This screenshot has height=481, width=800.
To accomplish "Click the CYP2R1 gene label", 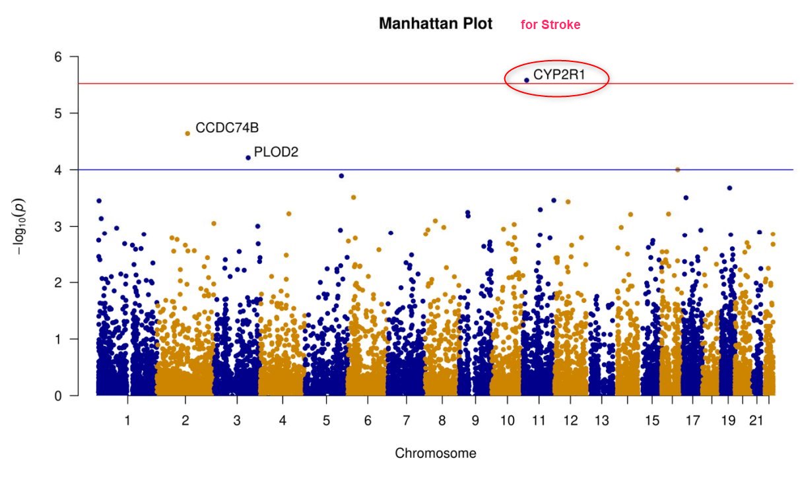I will coord(559,75).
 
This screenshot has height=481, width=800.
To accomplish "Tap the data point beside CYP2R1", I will coord(527,80).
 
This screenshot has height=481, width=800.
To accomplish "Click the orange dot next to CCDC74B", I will coord(187,133).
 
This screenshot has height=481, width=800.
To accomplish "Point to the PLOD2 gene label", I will coord(276,152).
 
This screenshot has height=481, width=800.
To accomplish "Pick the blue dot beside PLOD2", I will coord(248,158).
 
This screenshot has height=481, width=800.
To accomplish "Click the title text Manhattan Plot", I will coord(436,24).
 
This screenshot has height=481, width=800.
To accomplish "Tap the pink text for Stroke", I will coord(550,25).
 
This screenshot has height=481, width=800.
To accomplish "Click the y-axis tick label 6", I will coord(58,57).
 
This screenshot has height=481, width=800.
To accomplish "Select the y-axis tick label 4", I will coord(58,170).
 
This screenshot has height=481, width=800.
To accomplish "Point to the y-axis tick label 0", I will coord(58,396).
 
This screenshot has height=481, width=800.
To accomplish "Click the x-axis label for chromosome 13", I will coord(601,420).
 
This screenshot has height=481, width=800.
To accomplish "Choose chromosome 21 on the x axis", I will coord(756,420).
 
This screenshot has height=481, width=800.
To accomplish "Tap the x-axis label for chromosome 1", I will coord(127,420).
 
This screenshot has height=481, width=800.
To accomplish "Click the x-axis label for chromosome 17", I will coord(692,420).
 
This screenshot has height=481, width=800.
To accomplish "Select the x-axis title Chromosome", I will coord(435,453).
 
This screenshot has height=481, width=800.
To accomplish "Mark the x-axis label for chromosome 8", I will coord(441,420).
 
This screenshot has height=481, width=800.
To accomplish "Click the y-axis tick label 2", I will coord(58,282).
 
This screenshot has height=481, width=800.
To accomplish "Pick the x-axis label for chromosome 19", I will coord(728,420).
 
